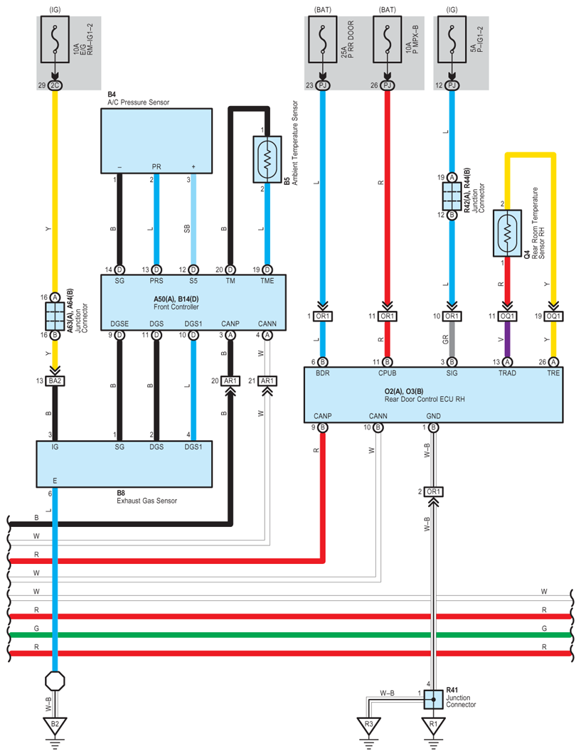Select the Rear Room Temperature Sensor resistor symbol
click(x=507, y=232)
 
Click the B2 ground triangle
click(x=55, y=726)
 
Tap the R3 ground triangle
click(x=368, y=726)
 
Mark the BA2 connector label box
click(x=55, y=381)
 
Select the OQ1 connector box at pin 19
click(x=554, y=316)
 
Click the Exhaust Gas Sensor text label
click(x=146, y=501)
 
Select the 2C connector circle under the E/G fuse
click(x=55, y=85)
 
